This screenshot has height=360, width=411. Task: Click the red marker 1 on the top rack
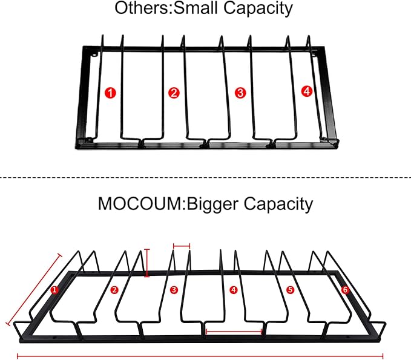[x=110, y=93]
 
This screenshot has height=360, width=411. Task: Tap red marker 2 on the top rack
[x=174, y=93]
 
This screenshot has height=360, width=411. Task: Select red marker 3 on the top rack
[x=240, y=93]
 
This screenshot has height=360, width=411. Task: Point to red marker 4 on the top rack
[x=307, y=91]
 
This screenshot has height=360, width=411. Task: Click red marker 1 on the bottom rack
[x=54, y=290]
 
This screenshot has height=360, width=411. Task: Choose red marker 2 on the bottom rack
[x=114, y=290]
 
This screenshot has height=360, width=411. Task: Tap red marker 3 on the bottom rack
[x=174, y=290]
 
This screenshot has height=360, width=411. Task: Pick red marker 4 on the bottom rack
[x=233, y=290]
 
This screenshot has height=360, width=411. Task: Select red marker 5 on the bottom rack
[x=290, y=290]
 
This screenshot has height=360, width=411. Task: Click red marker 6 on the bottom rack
[x=345, y=290]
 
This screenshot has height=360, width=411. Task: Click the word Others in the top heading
[x=141, y=8]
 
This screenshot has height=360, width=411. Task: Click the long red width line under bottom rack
[x=200, y=356]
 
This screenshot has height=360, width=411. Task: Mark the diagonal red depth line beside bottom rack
[x=34, y=290]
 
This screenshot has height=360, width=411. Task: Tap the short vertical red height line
[x=147, y=263]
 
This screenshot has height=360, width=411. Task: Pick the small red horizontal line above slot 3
[x=182, y=246]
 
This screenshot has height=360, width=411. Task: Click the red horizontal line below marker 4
[x=234, y=332]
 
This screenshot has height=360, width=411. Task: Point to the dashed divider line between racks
[x=206, y=178]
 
